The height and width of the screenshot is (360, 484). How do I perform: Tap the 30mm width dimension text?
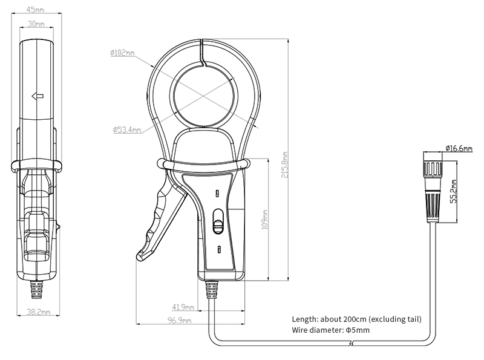(36, 25)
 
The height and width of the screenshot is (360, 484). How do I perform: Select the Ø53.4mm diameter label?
(127, 129)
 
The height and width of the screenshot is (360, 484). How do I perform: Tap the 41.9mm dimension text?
(183, 307)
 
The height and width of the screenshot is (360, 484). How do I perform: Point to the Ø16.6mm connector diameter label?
(458, 148)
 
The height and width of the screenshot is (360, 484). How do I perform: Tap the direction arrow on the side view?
(37, 95)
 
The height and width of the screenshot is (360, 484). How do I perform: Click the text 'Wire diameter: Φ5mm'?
(330, 330)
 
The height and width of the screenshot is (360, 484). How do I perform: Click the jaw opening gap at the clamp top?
(204, 51)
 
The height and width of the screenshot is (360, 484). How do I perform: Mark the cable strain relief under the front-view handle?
(211, 291)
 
